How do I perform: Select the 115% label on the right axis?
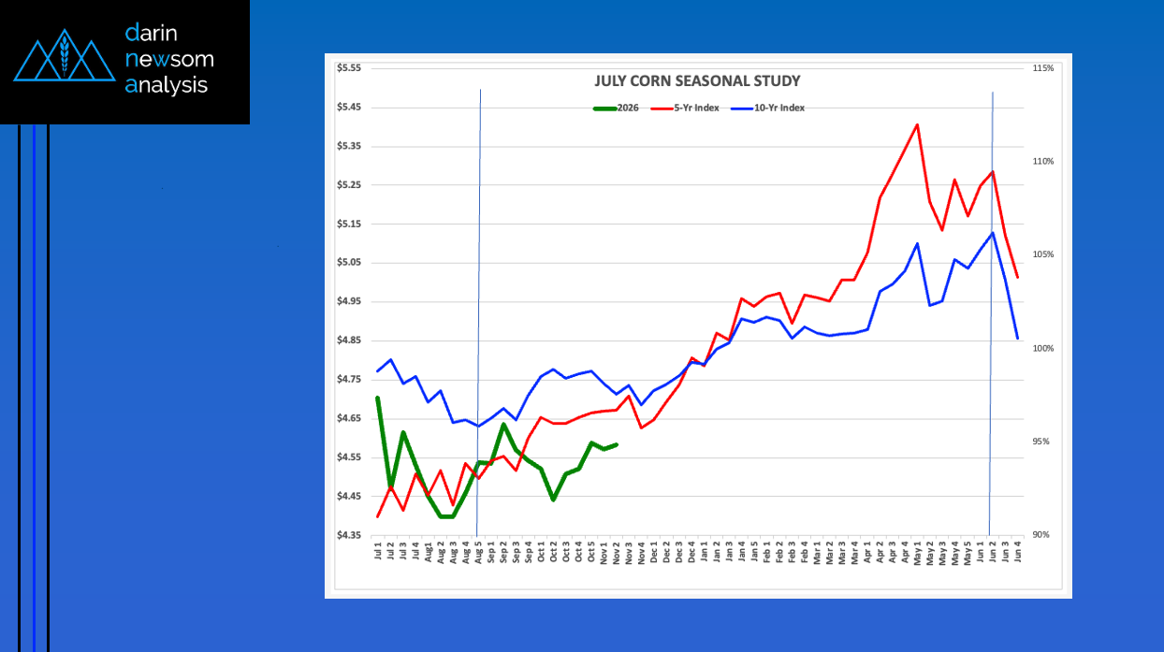(1043, 68)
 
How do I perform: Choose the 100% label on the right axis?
(1043, 348)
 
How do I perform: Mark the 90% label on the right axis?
(1043, 535)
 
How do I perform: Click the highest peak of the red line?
(917, 124)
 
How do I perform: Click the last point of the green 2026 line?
(617, 444)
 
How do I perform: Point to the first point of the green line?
(378, 398)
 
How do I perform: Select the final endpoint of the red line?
(1017, 277)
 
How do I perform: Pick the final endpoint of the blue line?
(1017, 339)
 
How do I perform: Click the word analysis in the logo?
(167, 85)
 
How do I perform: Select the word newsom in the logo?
(169, 59)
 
